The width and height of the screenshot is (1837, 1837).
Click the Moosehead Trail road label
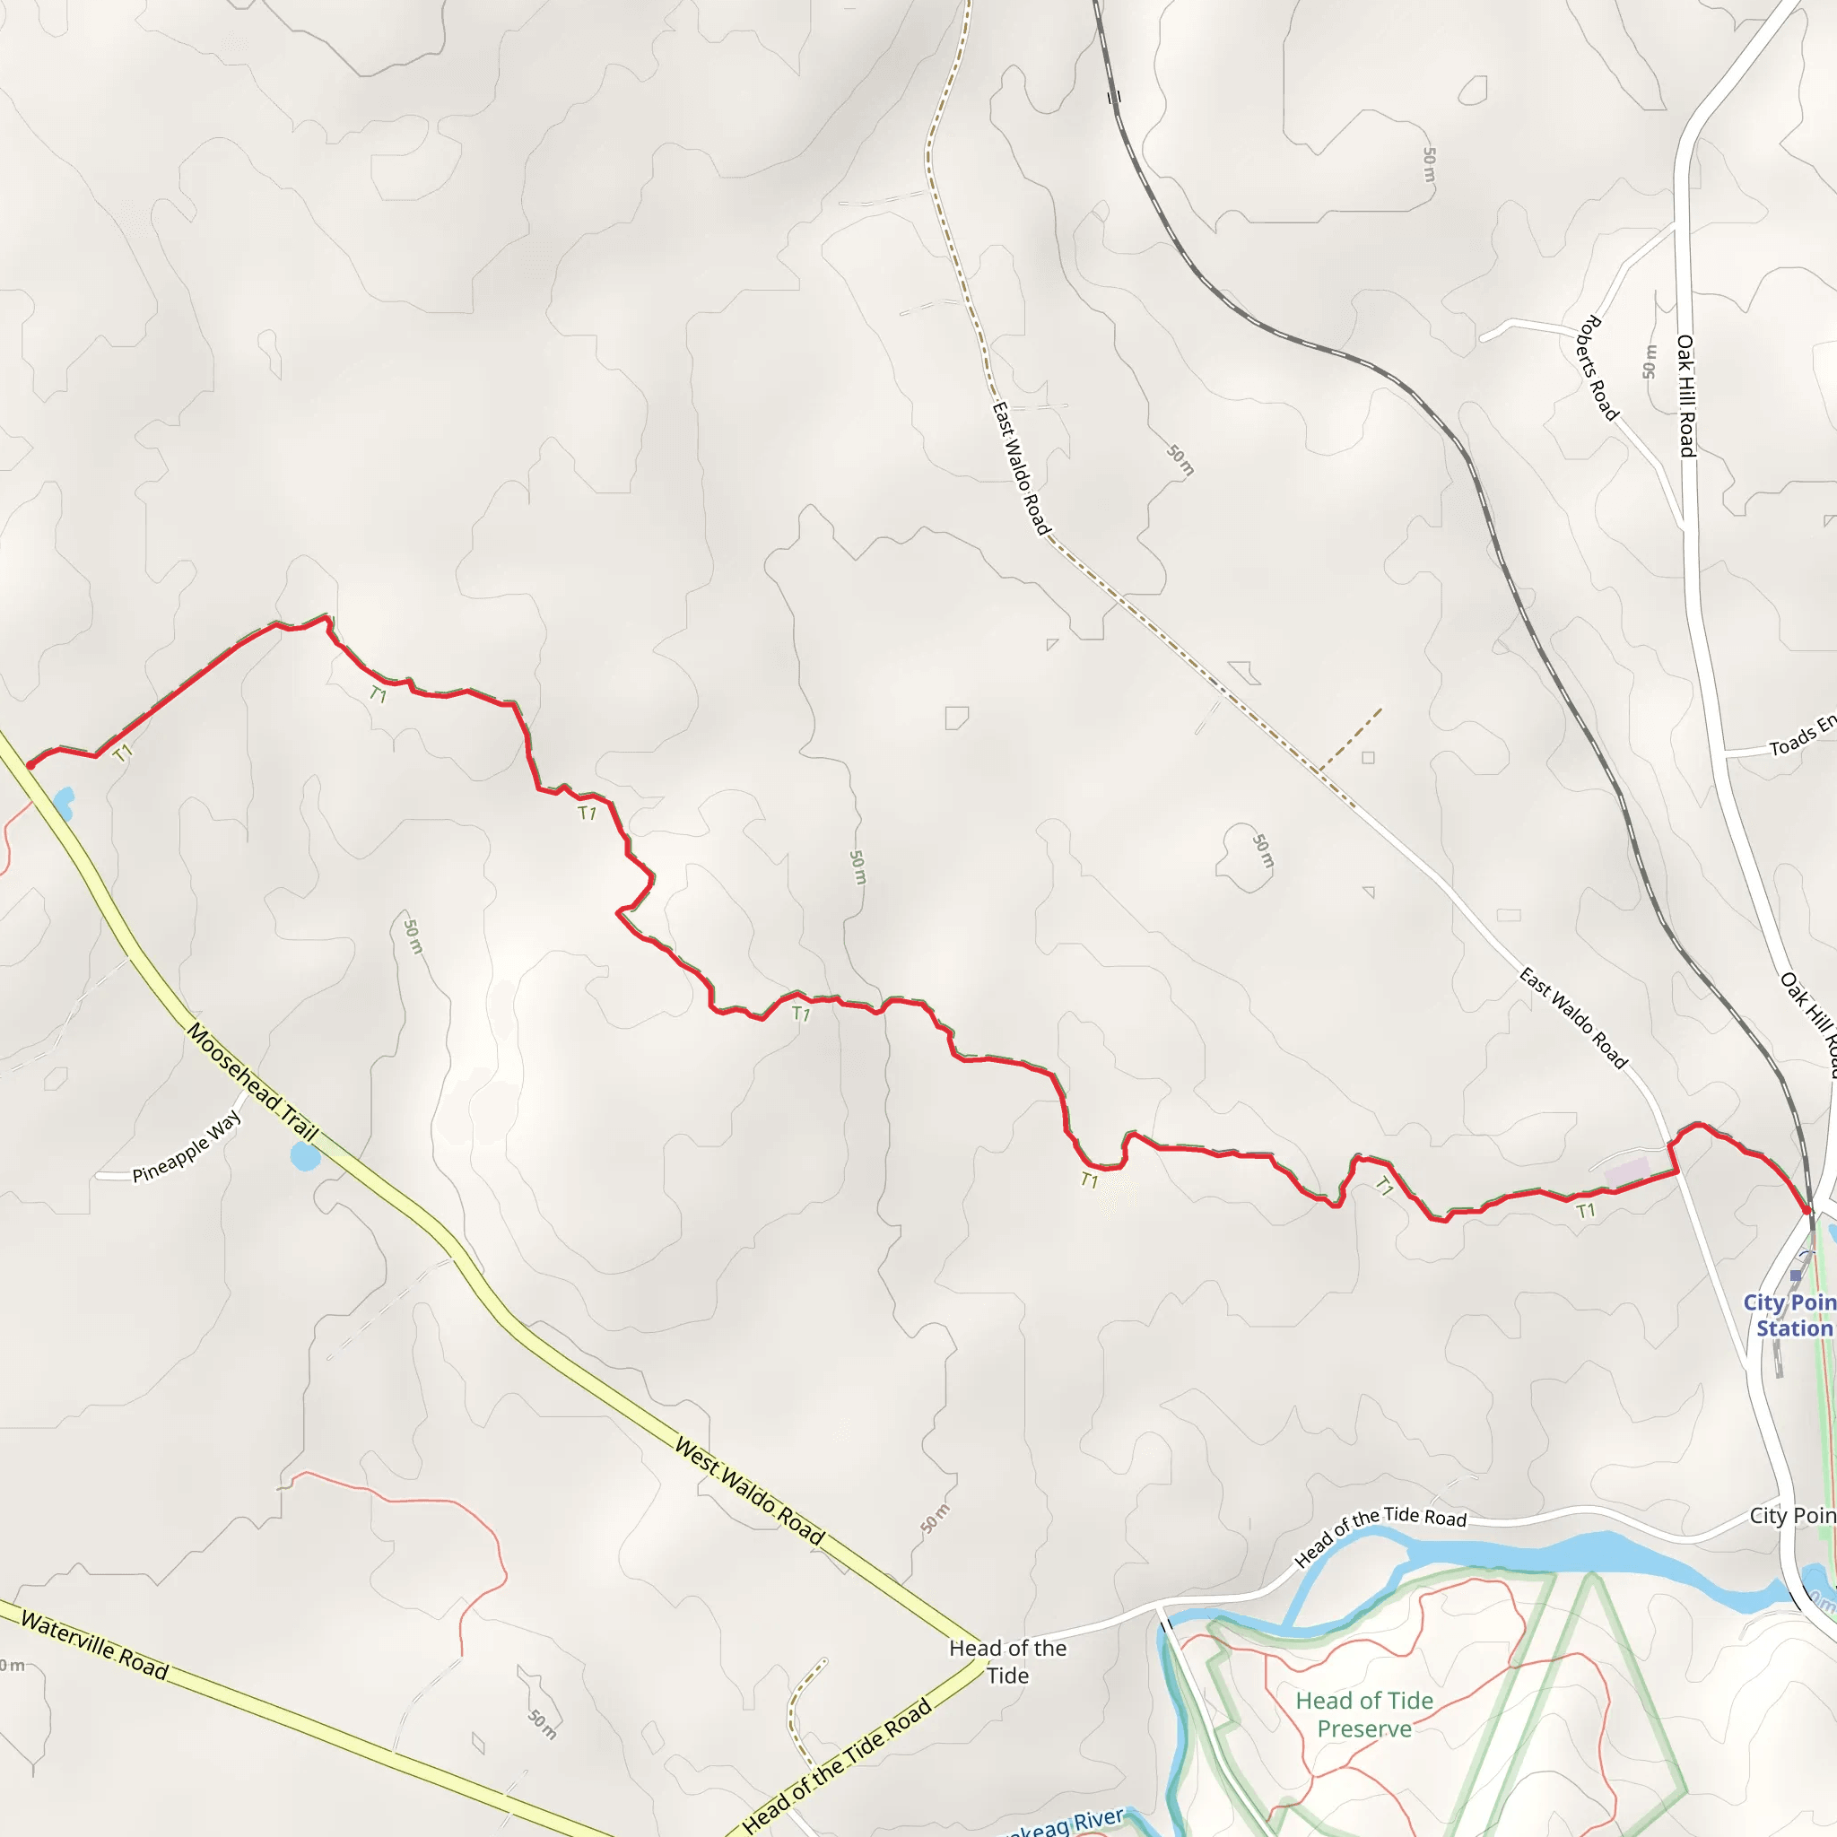[252, 1082]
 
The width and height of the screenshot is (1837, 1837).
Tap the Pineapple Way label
[187, 1146]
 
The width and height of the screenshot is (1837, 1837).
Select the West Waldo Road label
[749, 1490]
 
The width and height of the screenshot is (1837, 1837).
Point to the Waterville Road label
[94, 1646]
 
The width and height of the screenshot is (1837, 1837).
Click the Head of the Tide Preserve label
[1364, 1714]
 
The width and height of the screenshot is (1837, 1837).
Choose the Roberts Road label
[1598, 368]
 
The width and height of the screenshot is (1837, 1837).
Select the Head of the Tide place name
[1008, 1661]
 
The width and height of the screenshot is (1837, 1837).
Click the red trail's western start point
[30, 765]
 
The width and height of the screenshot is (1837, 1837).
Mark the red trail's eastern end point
[1807, 1210]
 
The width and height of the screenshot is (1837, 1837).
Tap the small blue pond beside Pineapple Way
[304, 1157]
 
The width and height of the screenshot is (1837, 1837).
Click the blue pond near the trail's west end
[63, 803]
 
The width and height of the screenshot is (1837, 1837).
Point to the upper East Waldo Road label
[1020, 469]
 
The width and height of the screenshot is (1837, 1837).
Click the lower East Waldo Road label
[1573, 1017]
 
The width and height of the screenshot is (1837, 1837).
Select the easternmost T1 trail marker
[1586, 1210]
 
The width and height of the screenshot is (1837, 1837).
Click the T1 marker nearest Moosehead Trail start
[123, 754]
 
